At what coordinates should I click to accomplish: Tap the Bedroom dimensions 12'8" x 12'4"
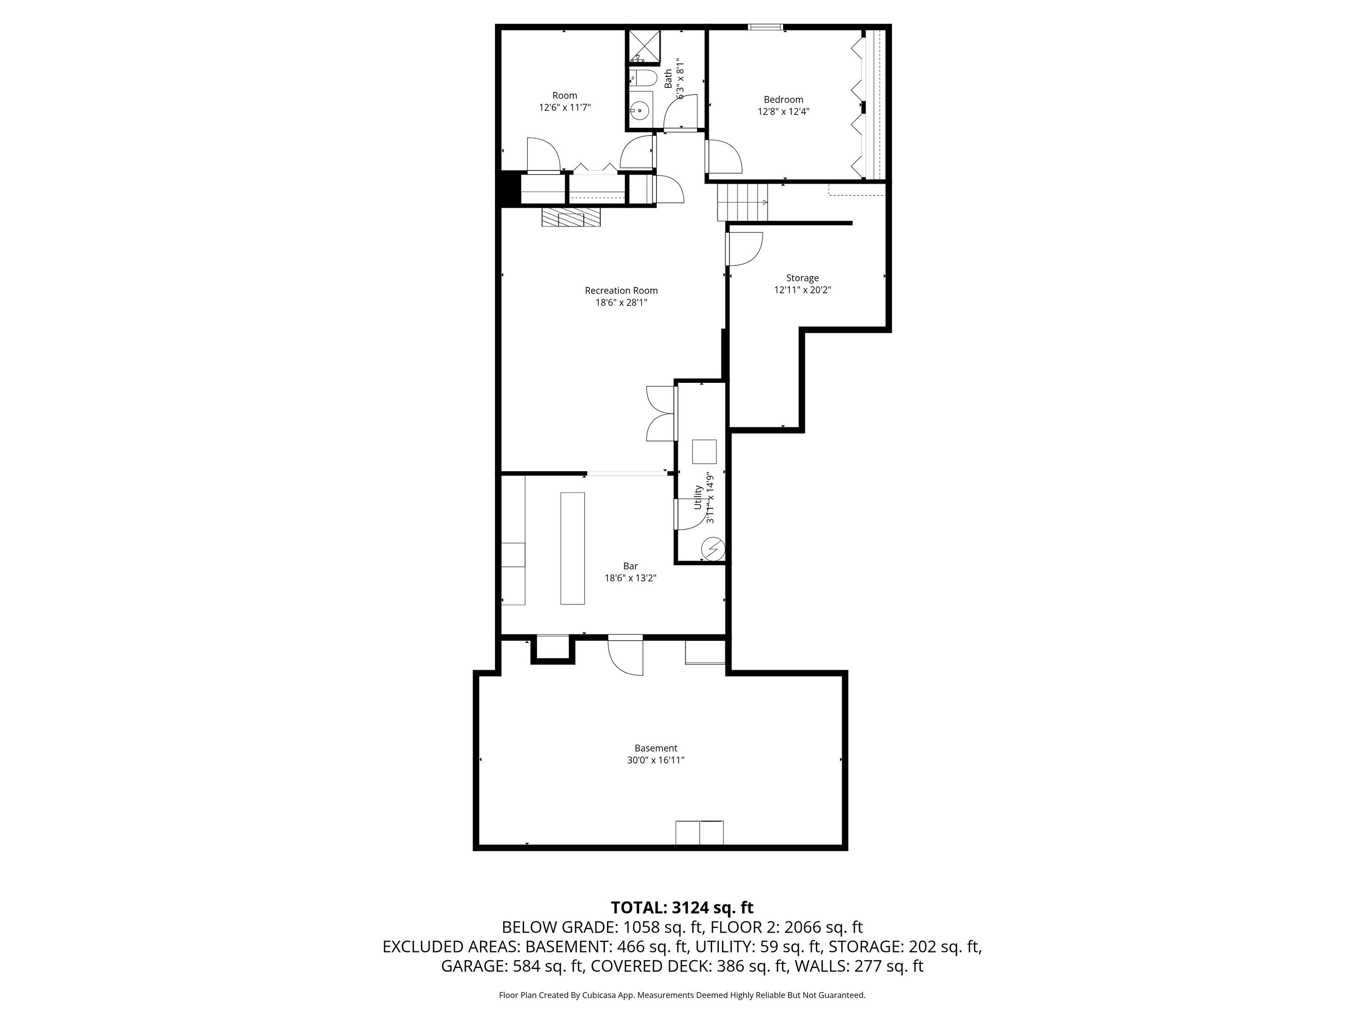click(783, 111)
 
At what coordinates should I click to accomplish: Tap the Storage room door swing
click(745, 249)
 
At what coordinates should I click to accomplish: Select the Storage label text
click(802, 278)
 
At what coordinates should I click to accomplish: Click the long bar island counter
click(572, 548)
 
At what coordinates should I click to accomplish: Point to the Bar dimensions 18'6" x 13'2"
click(630, 578)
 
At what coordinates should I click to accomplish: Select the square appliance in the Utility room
click(704, 451)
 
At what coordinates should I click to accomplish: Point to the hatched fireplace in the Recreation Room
click(571, 217)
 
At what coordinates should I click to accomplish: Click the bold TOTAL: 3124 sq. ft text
click(682, 907)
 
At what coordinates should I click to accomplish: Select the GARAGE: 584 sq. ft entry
click(513, 966)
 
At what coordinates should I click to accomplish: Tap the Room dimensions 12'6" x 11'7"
click(565, 107)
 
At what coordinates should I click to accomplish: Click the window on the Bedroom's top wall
click(765, 26)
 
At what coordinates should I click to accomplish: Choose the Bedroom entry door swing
click(723, 157)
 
